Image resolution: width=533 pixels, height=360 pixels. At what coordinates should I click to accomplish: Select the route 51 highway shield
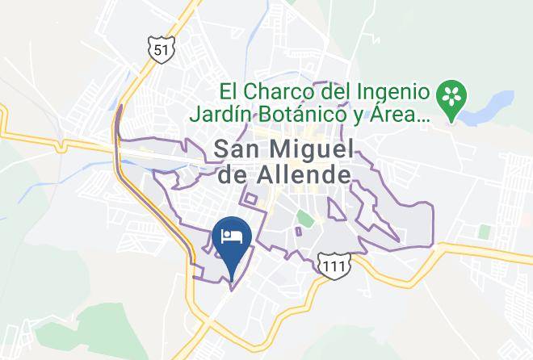[161, 50]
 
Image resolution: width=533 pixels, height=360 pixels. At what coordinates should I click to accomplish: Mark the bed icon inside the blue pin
[232, 236]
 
